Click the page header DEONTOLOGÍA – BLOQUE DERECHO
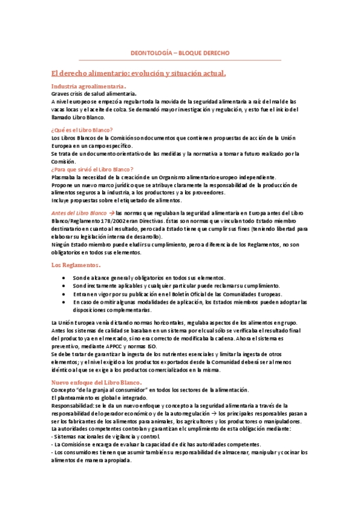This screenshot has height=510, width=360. [180, 54]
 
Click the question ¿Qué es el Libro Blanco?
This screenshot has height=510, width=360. [82, 130]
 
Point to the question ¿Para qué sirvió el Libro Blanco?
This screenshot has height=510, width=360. [93, 170]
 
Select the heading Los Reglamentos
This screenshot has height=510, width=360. [75, 265]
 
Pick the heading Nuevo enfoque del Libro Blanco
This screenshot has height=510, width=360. [96, 382]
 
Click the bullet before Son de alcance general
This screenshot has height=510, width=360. [64, 278]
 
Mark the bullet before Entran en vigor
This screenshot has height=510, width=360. [64, 294]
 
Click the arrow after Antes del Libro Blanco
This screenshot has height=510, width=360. [111, 214]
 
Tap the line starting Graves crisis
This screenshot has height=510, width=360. [93, 94]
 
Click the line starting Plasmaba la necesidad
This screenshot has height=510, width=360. [163, 177]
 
